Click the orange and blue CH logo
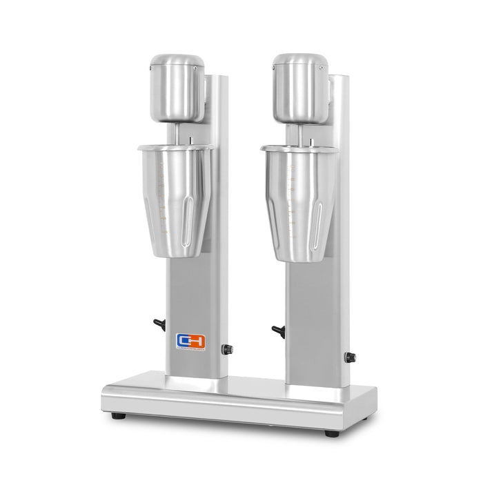[186, 341]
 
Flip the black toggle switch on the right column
[278, 331]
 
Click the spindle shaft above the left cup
[178, 135]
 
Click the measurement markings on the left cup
[163, 197]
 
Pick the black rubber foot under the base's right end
[331, 433]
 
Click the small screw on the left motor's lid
[196, 68]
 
